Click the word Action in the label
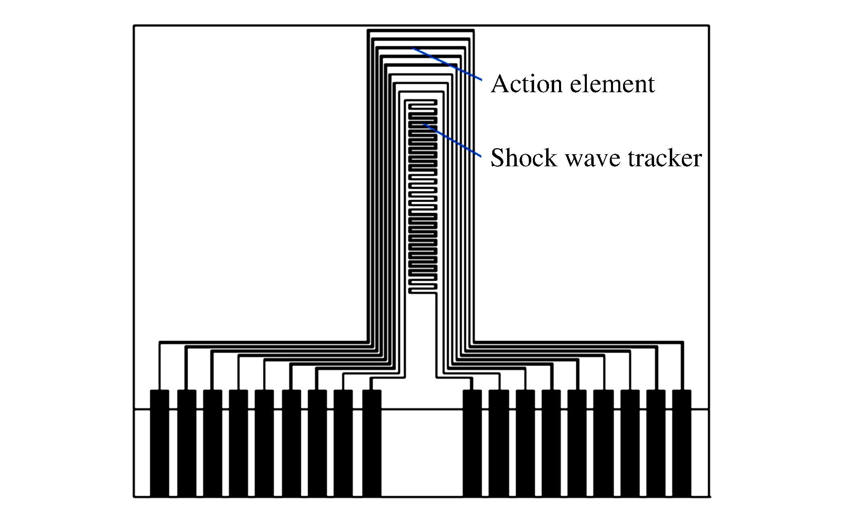[x=522, y=84]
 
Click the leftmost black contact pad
[x=159, y=443]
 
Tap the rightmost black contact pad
[x=681, y=443]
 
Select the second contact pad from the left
[x=186, y=443]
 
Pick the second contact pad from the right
[x=656, y=443]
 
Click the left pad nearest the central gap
[x=372, y=443]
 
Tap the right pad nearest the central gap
[x=472, y=443]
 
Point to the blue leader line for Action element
[x=447, y=64]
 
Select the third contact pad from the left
[x=212, y=443]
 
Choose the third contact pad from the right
[x=630, y=443]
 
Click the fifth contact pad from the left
[x=264, y=443]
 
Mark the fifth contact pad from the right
[x=577, y=443]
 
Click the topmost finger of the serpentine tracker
[x=421, y=101]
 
